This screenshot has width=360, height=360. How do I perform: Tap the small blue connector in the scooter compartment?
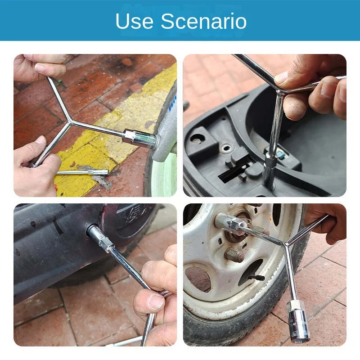(x=281, y=154)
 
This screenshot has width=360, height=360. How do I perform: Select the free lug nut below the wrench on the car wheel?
(x=234, y=255)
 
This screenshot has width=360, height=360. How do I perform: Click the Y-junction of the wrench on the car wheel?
(x=285, y=243)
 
